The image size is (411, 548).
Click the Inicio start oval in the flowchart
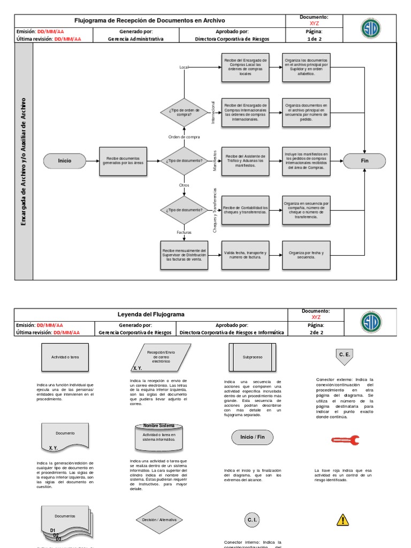tap(65, 160)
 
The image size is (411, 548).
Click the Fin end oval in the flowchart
tap(365, 160)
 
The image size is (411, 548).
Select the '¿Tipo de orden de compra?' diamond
tap(184, 112)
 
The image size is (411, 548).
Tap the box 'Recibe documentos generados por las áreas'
tap(123, 160)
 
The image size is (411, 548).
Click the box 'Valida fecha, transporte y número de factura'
tap(245, 255)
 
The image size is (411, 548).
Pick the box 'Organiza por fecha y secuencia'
tap(306, 255)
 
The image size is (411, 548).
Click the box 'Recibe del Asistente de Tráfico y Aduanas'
tap(245, 160)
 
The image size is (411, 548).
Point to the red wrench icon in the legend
tap(345, 440)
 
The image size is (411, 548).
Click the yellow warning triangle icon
tap(342, 519)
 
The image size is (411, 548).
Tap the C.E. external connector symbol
tap(344, 355)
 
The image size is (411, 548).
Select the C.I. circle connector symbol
tap(253, 520)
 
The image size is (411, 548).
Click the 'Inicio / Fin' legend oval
tap(253, 437)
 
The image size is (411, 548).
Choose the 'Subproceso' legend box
tap(253, 356)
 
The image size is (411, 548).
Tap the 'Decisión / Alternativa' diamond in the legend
tap(159, 520)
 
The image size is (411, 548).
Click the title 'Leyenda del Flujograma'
tap(150, 314)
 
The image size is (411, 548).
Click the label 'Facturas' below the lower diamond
tap(184, 233)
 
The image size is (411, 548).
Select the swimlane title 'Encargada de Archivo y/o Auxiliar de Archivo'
tap(24, 161)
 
